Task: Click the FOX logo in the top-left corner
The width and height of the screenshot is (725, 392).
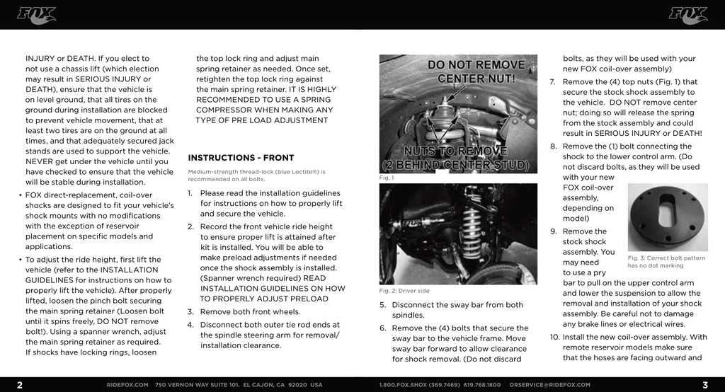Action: [36, 15]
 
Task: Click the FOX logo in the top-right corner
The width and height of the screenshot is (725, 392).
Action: [688, 15]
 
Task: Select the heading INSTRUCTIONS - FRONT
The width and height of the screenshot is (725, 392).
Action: [241, 158]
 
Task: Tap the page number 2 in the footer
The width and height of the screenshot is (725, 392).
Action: [20, 385]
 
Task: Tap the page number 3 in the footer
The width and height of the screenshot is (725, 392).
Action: [705, 385]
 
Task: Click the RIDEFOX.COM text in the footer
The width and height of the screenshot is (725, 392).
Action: [127, 385]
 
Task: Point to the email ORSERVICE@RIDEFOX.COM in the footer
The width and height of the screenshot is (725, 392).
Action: [549, 385]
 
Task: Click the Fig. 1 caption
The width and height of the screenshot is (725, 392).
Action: [387, 178]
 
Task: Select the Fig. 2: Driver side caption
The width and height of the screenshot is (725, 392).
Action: [404, 291]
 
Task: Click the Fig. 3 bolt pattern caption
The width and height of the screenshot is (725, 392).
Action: [666, 262]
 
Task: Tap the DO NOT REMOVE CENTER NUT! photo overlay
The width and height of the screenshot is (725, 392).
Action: [476, 71]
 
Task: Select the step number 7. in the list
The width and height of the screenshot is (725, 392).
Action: [552, 82]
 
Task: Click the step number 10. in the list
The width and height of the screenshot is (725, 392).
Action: [554, 337]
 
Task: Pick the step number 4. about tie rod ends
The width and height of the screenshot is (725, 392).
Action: [190, 325]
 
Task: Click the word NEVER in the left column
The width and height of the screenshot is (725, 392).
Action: [42, 161]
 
